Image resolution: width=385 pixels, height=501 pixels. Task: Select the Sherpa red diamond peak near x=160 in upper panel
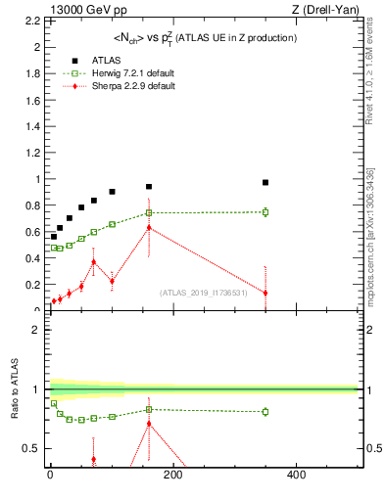point(149,228)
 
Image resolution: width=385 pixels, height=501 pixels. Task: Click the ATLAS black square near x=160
point(149,186)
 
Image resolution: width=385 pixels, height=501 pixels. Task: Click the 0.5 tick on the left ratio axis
point(34,448)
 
